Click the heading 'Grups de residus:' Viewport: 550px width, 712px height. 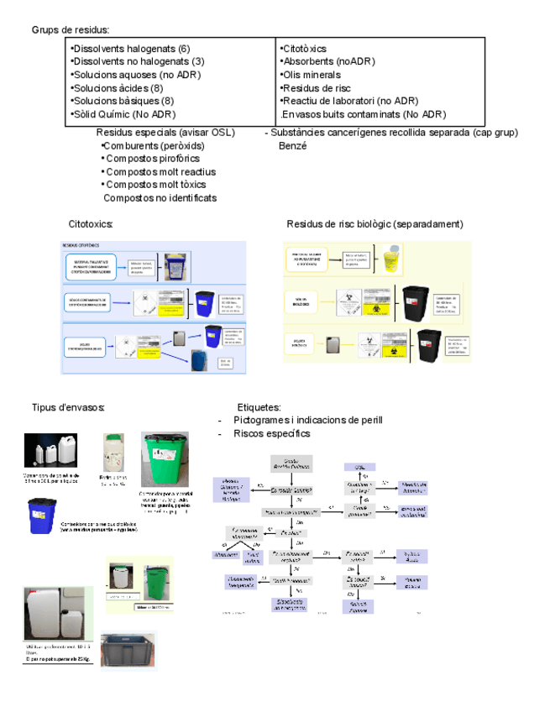[70, 30]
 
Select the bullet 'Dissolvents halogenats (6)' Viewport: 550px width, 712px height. [132, 49]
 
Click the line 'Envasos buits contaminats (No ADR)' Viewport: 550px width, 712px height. [364, 114]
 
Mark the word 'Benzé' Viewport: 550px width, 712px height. [292, 145]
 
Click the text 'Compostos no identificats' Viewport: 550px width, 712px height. [160, 197]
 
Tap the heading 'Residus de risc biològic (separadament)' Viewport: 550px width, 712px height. [375, 224]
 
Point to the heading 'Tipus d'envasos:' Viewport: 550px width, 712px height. [68, 407]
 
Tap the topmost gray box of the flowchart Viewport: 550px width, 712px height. [291, 463]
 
